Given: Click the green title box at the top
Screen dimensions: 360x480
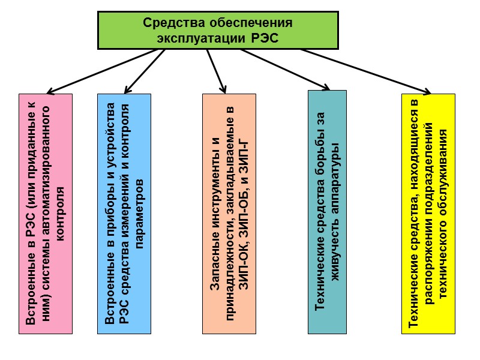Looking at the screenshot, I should (x=218, y=30).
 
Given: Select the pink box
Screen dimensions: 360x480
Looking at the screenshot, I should (x=46, y=213).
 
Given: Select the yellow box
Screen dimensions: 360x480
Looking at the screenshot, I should (x=428, y=213).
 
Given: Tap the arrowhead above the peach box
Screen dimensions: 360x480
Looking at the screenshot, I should (x=224, y=89).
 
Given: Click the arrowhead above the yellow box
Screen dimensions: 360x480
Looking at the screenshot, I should (x=427, y=91).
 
